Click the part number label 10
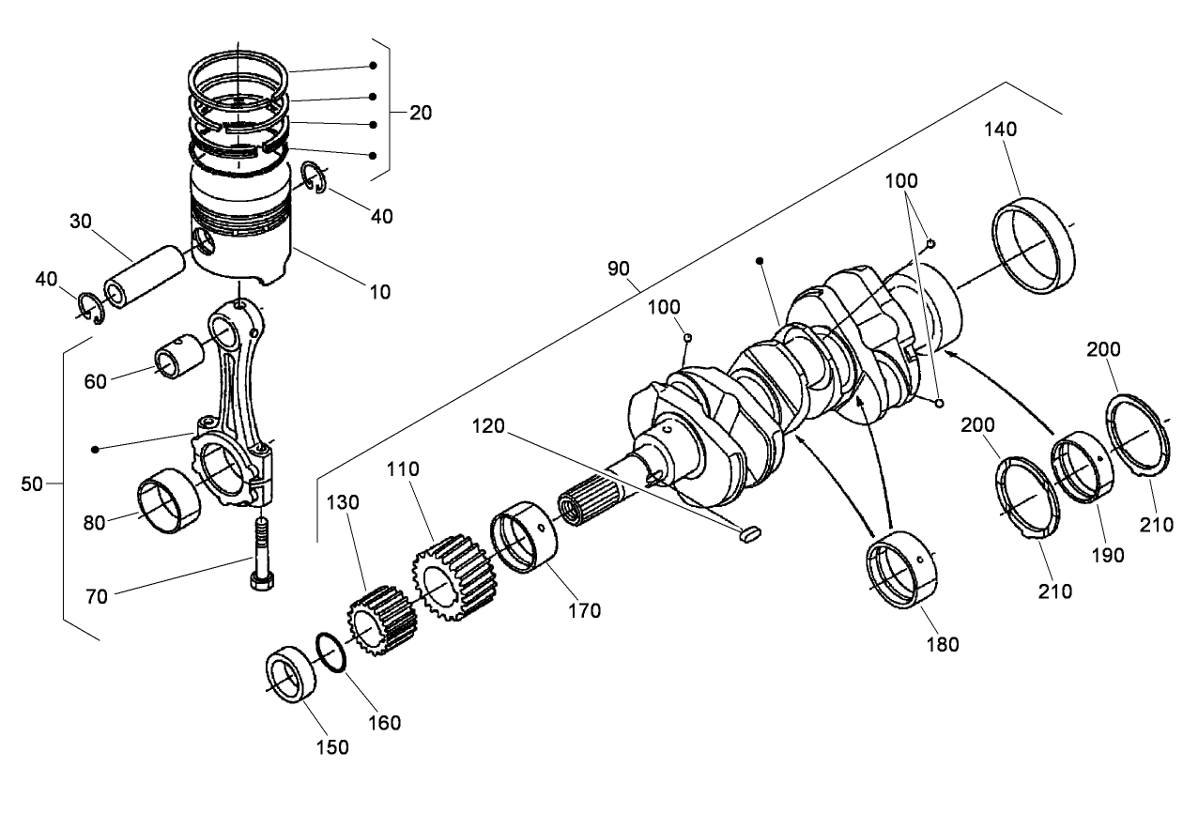click(x=380, y=292)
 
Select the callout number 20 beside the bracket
click(x=421, y=113)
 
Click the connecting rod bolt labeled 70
click(x=260, y=553)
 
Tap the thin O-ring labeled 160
click(x=330, y=652)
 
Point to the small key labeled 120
click(x=748, y=534)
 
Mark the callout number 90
click(x=618, y=269)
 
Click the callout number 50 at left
click(x=32, y=484)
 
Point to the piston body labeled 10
click(x=238, y=225)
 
